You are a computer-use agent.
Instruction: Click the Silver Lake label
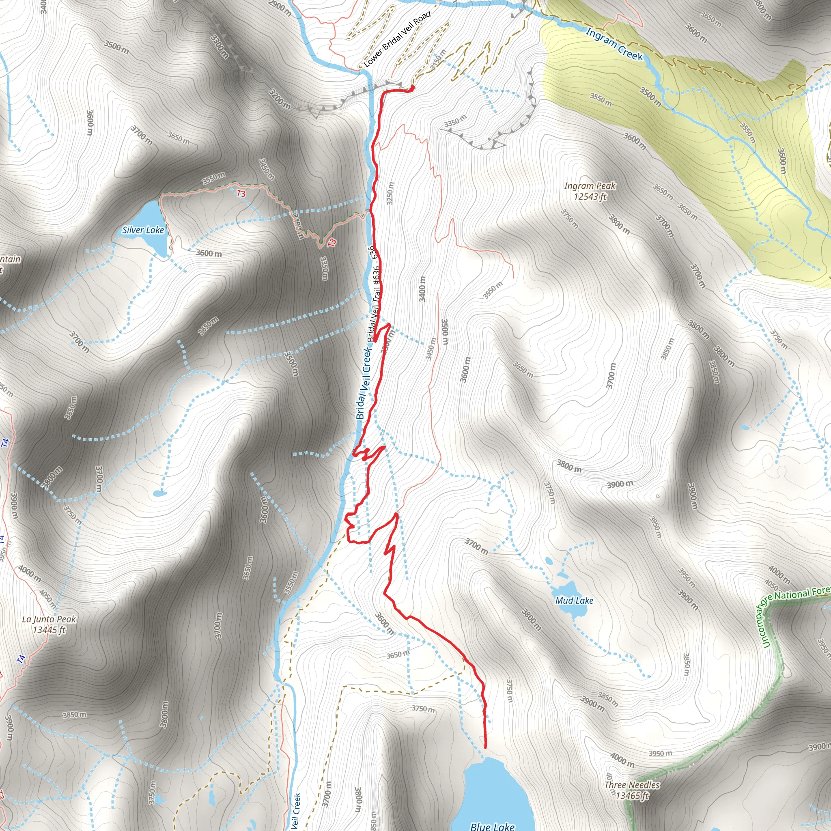pyautogui.click(x=143, y=230)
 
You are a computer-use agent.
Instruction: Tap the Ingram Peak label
pyautogui.click(x=590, y=186)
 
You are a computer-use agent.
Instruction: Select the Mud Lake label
pyautogui.click(x=574, y=601)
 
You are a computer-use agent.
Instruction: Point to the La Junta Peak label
pyautogui.click(x=49, y=619)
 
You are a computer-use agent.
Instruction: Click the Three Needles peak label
pyautogui.click(x=632, y=785)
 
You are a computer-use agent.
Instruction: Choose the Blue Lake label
pyautogui.click(x=492, y=826)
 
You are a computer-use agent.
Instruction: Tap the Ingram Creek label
pyautogui.click(x=614, y=44)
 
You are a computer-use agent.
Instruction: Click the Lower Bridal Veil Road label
pyautogui.click(x=397, y=39)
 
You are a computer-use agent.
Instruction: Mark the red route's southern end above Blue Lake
pyautogui.click(x=485, y=747)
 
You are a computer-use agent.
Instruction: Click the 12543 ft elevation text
pyautogui.click(x=590, y=196)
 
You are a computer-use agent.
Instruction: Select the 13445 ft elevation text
pyautogui.click(x=49, y=630)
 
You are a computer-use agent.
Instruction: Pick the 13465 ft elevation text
pyautogui.click(x=632, y=795)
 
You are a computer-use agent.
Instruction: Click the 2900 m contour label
pyautogui.click(x=280, y=8)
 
